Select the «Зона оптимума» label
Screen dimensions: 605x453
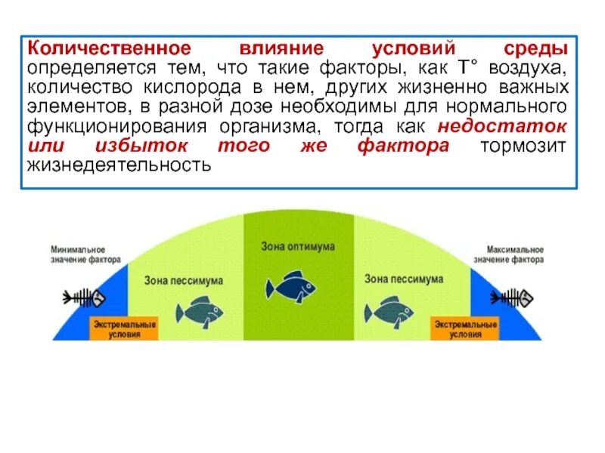298,246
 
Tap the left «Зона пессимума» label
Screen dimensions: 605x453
183,280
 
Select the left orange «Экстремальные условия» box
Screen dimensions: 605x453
125,328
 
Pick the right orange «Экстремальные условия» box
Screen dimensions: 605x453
465,328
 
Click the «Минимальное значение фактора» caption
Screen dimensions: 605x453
85,254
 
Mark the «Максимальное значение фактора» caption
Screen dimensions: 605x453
509,254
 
